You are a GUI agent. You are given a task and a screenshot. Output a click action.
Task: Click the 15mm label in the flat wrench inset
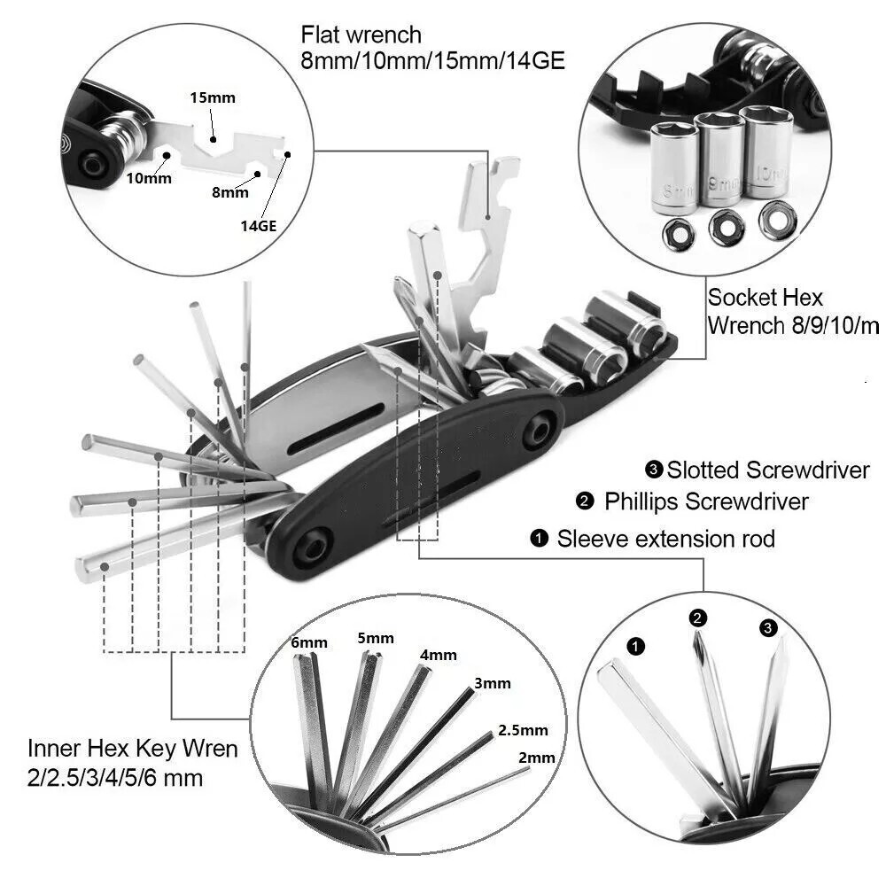[213, 97]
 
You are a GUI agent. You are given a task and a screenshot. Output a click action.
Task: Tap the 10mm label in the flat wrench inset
[147, 177]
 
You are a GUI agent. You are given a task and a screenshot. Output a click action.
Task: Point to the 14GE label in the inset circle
[259, 226]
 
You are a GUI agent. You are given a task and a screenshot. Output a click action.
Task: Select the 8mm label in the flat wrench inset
[230, 191]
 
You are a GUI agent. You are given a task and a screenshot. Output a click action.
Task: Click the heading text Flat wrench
[361, 35]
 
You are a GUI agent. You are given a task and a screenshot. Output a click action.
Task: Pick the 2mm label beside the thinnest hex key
[538, 758]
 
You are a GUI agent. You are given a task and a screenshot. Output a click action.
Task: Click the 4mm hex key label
[439, 655]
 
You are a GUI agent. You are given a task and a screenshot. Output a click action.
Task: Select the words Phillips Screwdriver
[706, 501]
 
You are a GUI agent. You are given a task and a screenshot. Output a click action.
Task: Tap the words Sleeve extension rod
[665, 539]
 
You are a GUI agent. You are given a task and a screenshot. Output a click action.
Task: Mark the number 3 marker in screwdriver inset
[767, 628]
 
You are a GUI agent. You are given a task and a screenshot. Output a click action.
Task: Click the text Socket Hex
[766, 298]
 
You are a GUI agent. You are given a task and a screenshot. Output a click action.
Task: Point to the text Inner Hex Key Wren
[133, 749]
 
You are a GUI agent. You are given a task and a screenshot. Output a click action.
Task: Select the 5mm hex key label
[376, 638]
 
